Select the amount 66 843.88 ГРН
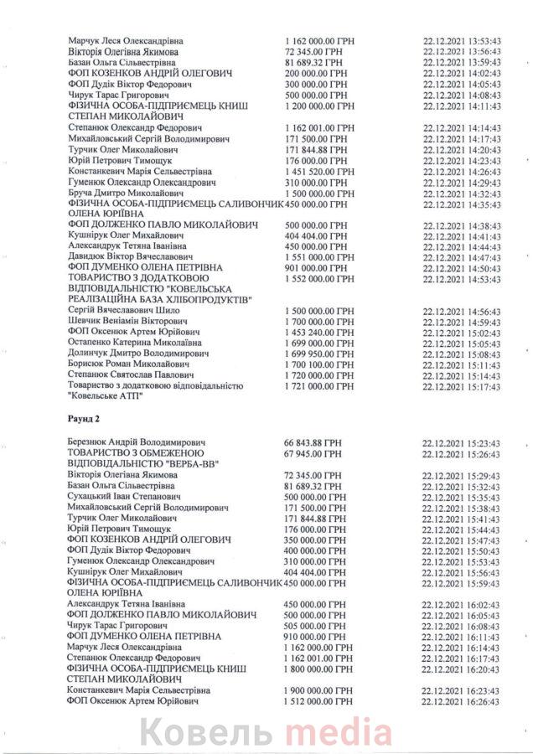coord(317,442)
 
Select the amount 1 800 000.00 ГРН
coord(321,668)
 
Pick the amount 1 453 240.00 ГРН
coord(321,332)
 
